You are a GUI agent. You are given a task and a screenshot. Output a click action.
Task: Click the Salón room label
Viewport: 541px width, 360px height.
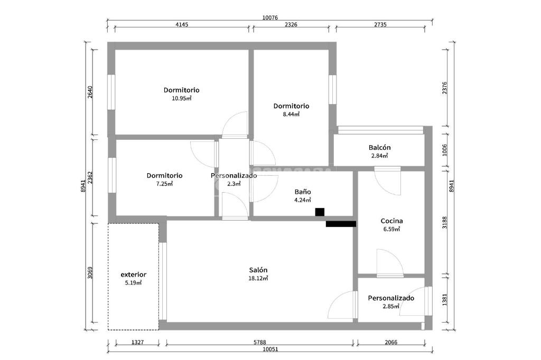pyautogui.click(x=258, y=270)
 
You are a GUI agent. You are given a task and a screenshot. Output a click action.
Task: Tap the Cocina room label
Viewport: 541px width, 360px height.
pyautogui.click(x=391, y=221)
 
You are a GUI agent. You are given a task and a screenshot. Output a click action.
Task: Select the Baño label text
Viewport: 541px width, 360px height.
pyautogui.click(x=302, y=192)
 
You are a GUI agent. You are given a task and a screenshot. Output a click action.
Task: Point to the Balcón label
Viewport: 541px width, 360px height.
pyautogui.click(x=379, y=147)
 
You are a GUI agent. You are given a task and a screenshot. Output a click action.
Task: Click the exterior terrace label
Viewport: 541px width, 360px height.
pyautogui.click(x=133, y=274)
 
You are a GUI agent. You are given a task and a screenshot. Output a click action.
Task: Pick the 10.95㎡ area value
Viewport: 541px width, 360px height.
pyautogui.click(x=181, y=98)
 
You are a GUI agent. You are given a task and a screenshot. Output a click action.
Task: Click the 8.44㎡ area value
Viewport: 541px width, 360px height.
pyautogui.click(x=291, y=114)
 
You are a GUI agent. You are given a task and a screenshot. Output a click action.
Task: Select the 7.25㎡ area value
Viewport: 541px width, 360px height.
pyautogui.click(x=164, y=184)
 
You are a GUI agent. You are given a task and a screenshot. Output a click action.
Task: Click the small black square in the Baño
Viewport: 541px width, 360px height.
pyautogui.click(x=320, y=212)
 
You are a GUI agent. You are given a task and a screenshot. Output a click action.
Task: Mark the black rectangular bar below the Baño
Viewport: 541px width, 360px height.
pyautogui.click(x=341, y=224)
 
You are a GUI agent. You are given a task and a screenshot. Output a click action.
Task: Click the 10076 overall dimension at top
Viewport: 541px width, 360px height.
pyautogui.click(x=270, y=17)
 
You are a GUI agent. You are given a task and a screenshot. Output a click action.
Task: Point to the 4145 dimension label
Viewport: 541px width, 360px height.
pyautogui.click(x=181, y=24)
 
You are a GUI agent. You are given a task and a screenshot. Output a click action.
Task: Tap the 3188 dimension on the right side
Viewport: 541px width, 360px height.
pyautogui.click(x=445, y=222)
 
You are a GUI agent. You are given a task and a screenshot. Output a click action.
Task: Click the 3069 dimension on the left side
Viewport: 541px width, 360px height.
pyautogui.click(x=90, y=272)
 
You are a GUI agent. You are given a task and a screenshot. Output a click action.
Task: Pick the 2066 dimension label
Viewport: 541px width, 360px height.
pyautogui.click(x=390, y=342)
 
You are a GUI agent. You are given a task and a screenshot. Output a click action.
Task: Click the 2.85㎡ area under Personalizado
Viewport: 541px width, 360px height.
pyautogui.click(x=391, y=306)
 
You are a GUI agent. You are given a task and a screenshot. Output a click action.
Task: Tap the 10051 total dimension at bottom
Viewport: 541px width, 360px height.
pyautogui.click(x=269, y=349)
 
